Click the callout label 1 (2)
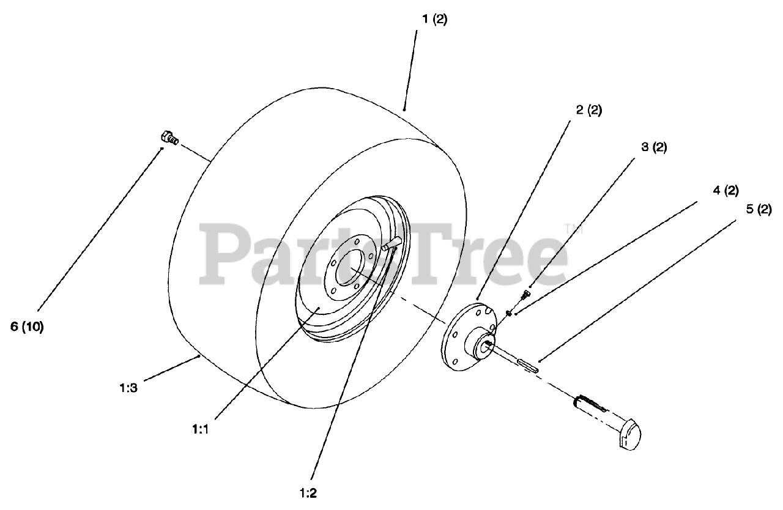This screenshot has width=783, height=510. (434, 19)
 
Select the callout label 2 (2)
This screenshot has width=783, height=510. (588, 111)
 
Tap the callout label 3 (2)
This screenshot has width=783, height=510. (654, 147)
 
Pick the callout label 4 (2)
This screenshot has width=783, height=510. (725, 190)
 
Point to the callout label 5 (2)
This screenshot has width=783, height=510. (759, 209)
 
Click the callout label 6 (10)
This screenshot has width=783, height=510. (27, 327)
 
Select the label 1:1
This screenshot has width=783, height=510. (199, 429)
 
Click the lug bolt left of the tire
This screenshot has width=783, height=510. (169, 138)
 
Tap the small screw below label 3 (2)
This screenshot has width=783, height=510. (524, 295)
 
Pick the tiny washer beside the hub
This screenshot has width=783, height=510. (508, 313)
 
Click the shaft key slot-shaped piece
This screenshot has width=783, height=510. (528, 366)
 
